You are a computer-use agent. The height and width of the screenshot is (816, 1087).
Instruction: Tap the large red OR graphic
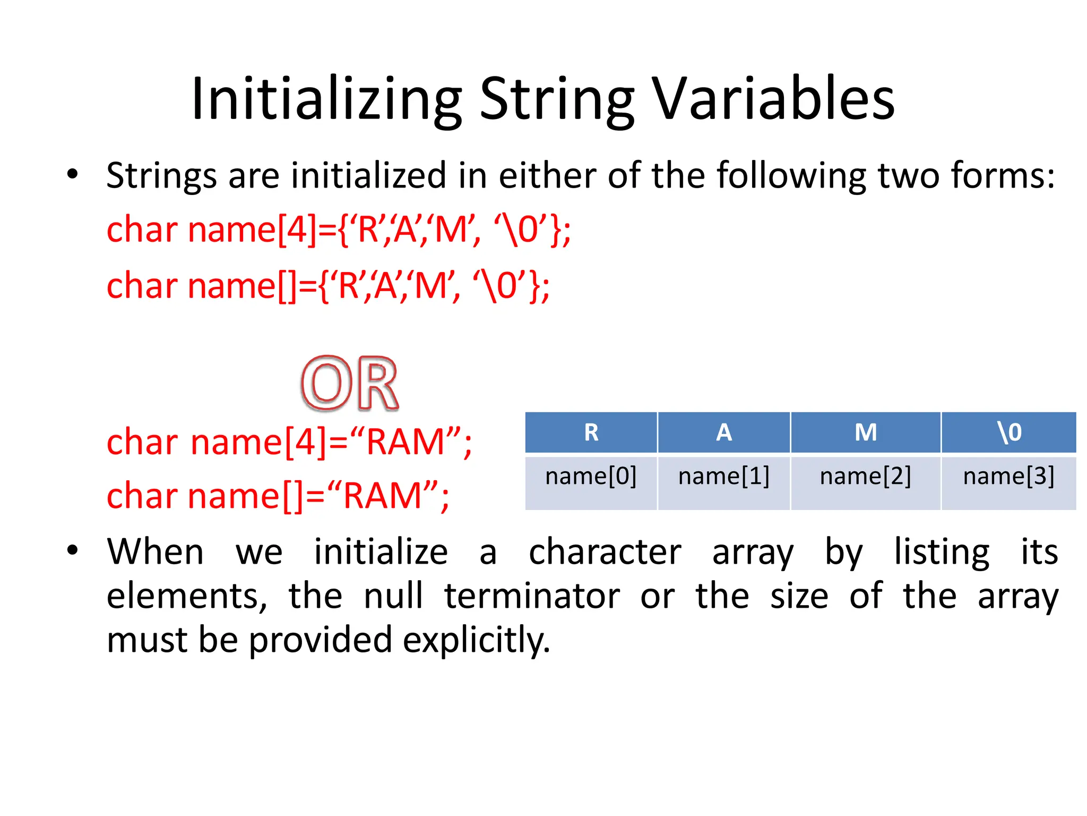click(350, 384)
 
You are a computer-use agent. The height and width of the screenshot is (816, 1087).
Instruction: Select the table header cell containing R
click(591, 432)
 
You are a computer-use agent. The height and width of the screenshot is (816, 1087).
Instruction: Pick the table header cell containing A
click(724, 432)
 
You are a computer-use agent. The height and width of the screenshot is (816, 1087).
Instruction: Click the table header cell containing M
click(866, 432)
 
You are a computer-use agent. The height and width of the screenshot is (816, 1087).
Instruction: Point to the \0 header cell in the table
click(1009, 432)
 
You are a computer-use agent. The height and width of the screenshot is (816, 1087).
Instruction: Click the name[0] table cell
click(591, 477)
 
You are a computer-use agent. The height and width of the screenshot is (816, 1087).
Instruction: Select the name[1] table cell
click(724, 477)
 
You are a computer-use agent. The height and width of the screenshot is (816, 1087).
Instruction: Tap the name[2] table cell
click(866, 477)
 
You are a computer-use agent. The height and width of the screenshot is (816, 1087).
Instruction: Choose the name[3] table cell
click(1009, 477)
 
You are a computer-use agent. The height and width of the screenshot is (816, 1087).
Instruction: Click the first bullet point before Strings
click(73, 174)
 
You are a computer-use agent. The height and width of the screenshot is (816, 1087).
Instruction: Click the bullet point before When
click(73, 550)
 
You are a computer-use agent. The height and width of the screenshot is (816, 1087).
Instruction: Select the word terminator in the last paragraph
click(532, 596)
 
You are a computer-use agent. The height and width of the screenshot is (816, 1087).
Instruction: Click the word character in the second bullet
click(605, 552)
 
